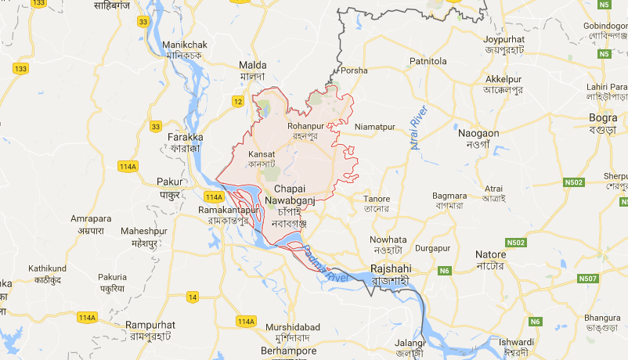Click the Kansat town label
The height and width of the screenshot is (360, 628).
point(262,154)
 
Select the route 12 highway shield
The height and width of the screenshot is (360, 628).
point(238,101)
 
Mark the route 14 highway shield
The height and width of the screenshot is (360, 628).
point(193,297)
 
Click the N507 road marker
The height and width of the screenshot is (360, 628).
point(587,279)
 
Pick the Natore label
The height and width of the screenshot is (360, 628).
point(491,255)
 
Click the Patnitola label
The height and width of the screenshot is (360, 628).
point(428,61)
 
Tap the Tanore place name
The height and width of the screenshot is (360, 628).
point(377,199)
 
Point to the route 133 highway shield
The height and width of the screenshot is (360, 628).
point(20,69)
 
